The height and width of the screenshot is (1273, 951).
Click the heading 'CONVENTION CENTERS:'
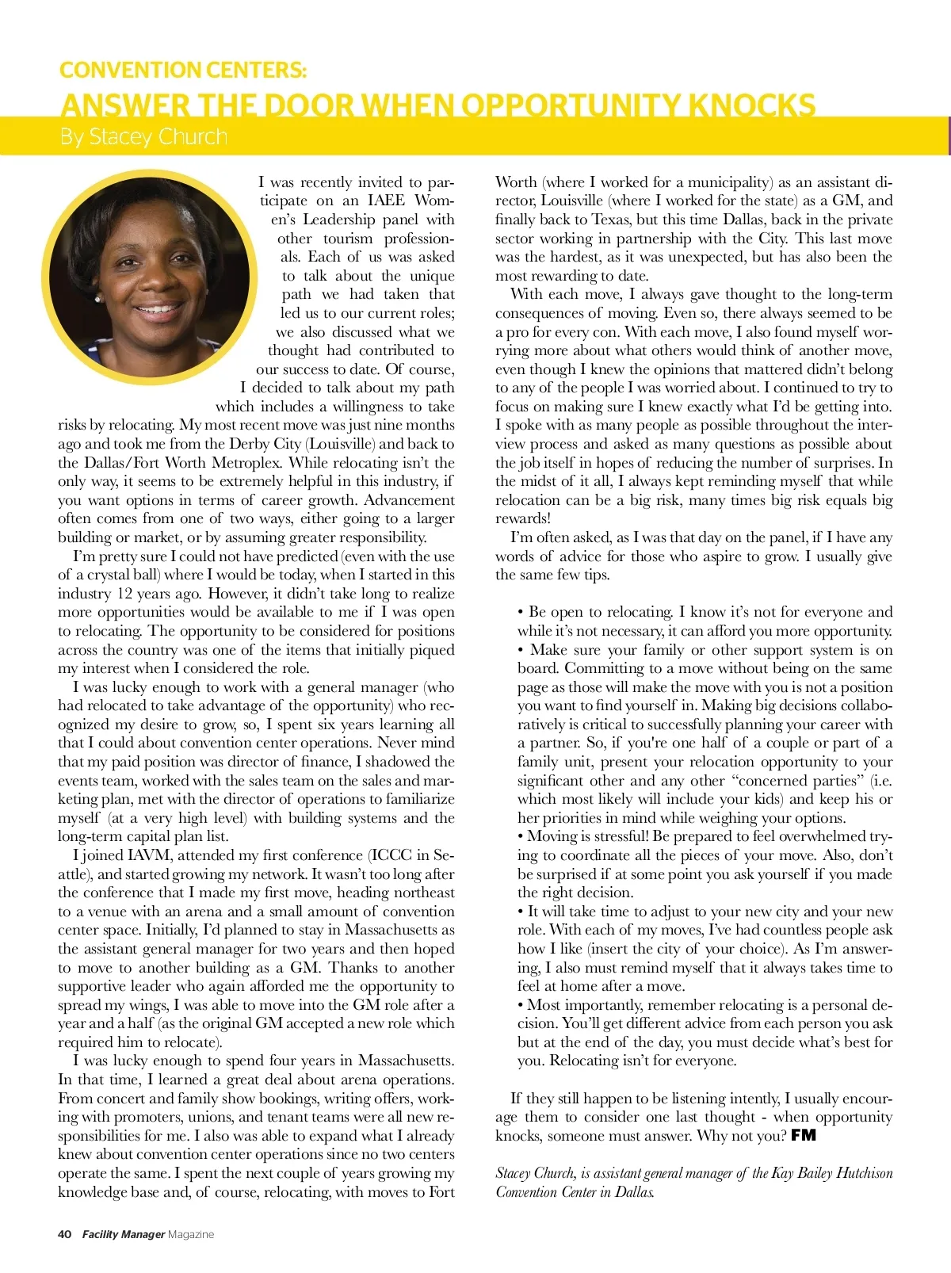pyautogui.click(x=182, y=70)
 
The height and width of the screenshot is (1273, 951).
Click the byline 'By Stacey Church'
pyautogui.click(x=143, y=137)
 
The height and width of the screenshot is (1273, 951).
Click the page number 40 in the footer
pyautogui.click(x=65, y=1234)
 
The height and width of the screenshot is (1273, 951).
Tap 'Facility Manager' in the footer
pyautogui.click(x=124, y=1234)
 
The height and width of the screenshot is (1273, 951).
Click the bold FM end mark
pyautogui.click(x=804, y=1135)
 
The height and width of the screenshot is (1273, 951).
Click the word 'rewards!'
pyautogui.click(x=523, y=518)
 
